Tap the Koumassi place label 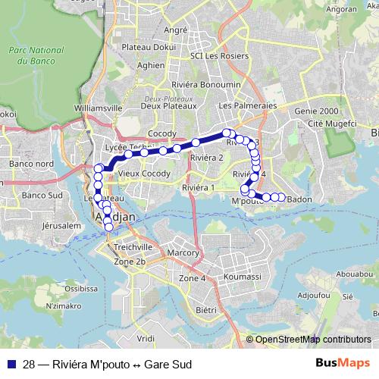[x=243, y=278]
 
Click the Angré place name [x=175, y=30]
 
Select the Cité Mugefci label [x=324, y=123]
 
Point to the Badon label [x=300, y=199]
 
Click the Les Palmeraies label [x=246, y=106]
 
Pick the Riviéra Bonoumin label [x=205, y=85]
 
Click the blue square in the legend [x=11, y=364]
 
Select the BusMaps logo [x=343, y=363]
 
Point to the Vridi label [x=146, y=333]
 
